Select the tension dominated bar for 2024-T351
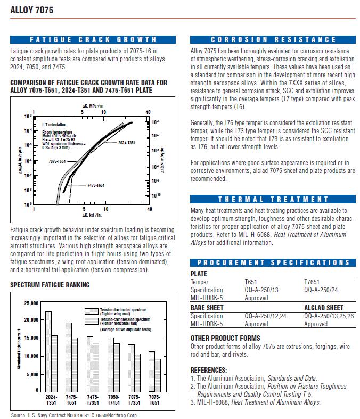(x=48, y=351)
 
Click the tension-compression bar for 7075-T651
(x=158, y=375)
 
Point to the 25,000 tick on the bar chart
(x=31, y=303)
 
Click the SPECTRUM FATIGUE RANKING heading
(x=50, y=285)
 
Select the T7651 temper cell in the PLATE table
(x=312, y=282)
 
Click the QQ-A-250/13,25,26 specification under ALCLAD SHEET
(x=329, y=316)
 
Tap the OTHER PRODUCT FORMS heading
(x=225, y=338)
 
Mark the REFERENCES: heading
(x=209, y=369)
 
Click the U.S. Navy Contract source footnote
(x=74, y=415)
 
